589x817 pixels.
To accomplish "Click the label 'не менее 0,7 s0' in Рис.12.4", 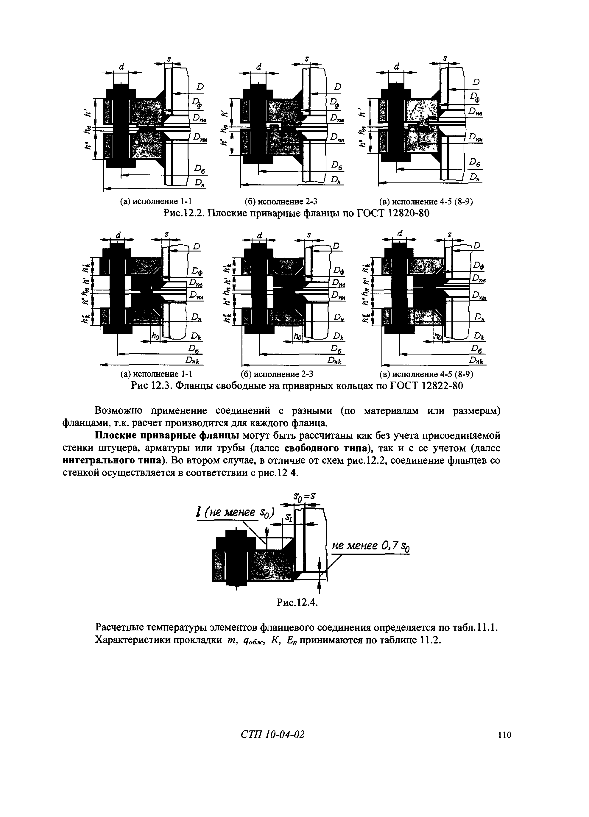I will click(x=370, y=547).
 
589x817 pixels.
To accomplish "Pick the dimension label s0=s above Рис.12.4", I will click(x=305, y=497).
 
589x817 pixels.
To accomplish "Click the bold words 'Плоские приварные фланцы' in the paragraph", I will click(x=168, y=435).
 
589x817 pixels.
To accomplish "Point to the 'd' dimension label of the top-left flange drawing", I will click(x=121, y=67).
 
